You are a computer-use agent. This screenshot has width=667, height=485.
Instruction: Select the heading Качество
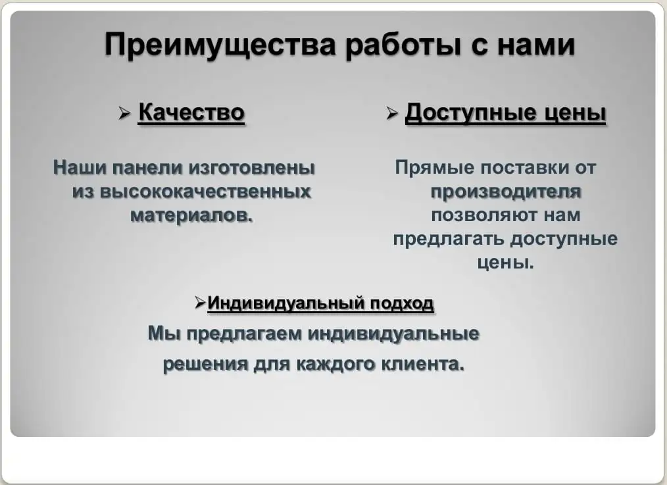(x=191, y=113)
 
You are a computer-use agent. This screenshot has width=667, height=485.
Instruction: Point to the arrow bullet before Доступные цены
(x=393, y=114)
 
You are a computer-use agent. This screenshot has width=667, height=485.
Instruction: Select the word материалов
(x=191, y=215)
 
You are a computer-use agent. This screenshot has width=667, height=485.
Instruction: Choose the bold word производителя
(x=506, y=191)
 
